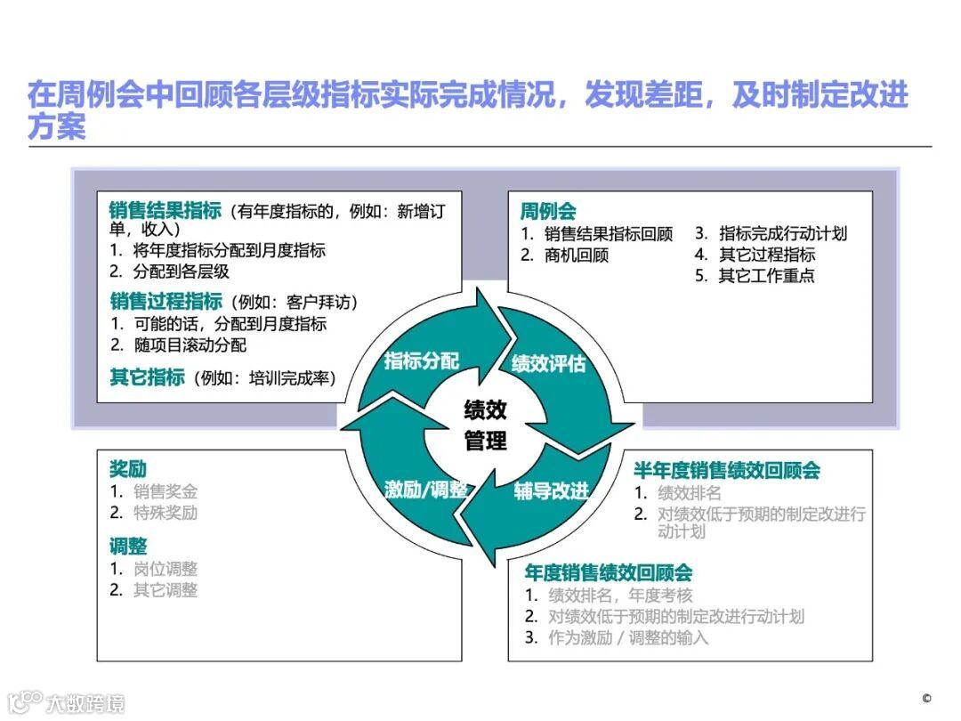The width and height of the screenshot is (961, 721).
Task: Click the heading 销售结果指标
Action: click(x=166, y=211)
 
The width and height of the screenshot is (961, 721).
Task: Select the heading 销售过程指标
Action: click(x=166, y=301)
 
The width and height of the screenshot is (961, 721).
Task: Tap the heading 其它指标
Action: click(x=147, y=377)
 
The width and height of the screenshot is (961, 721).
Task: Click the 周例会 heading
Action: click(x=548, y=211)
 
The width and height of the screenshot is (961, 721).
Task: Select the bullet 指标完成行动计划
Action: click(x=783, y=234)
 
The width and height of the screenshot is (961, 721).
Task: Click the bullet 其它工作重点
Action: click(x=766, y=276)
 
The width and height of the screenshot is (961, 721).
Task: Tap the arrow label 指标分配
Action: click(x=421, y=360)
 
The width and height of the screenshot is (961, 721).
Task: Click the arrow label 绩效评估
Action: click(x=548, y=364)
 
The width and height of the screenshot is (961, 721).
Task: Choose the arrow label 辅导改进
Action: click(x=551, y=491)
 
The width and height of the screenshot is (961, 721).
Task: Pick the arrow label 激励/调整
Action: click(x=426, y=490)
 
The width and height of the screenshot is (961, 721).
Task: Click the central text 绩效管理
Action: click(x=485, y=425)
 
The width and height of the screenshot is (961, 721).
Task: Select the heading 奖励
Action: click(x=128, y=469)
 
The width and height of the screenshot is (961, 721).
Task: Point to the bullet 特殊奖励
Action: click(x=166, y=513)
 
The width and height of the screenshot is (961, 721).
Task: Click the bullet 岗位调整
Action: click(x=166, y=569)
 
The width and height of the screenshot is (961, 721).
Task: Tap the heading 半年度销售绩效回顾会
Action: click(x=726, y=470)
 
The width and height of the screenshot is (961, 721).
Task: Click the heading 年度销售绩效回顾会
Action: click(x=608, y=572)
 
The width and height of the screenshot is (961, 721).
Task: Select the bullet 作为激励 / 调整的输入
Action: click(x=628, y=637)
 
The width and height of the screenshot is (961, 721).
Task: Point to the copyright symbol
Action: click(x=926, y=698)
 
